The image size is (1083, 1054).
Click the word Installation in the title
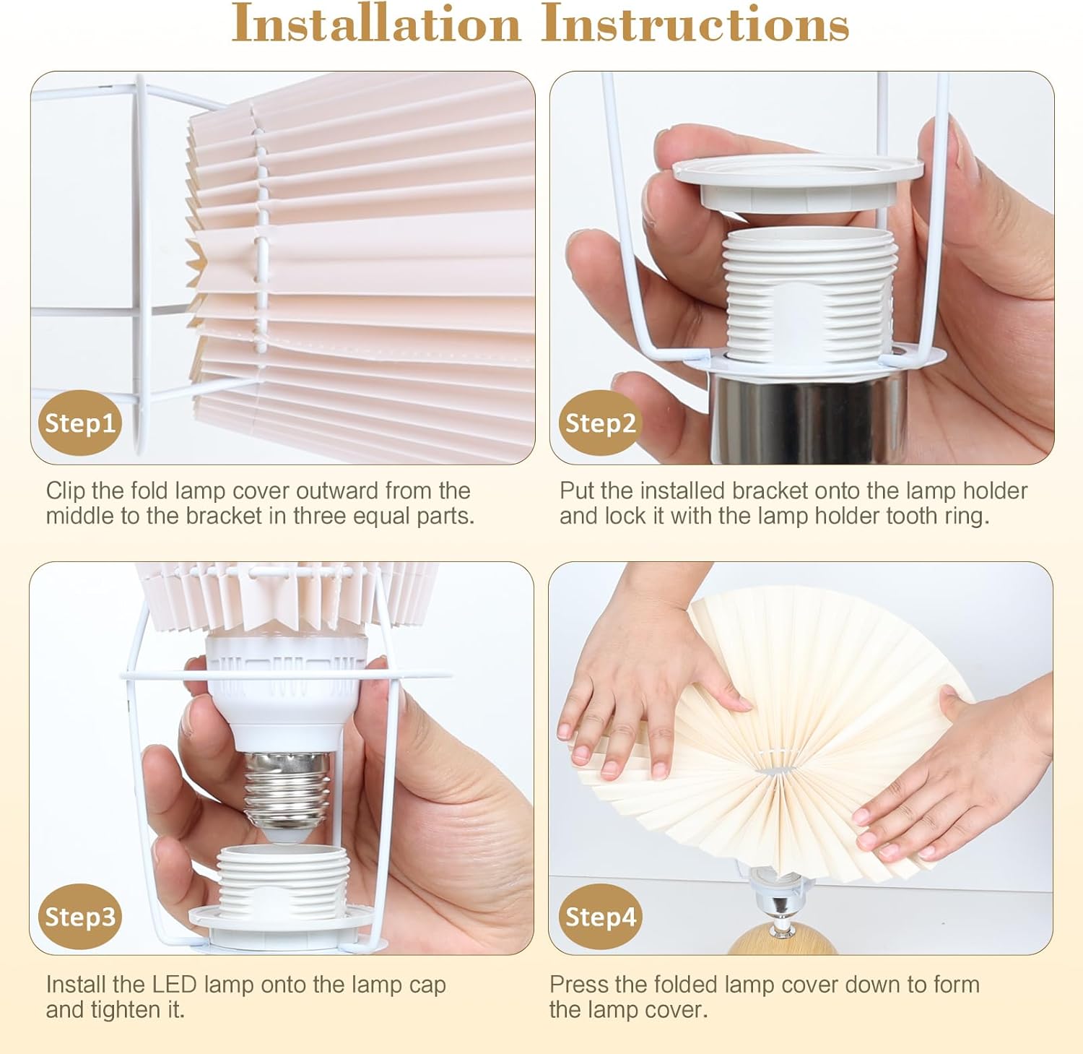coord(375,24)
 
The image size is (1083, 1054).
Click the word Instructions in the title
coord(695,24)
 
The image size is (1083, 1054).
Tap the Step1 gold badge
coord(79,423)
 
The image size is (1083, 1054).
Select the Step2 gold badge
coord(600,423)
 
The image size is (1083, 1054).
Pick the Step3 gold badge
coord(79,916)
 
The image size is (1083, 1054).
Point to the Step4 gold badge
coord(600,916)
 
